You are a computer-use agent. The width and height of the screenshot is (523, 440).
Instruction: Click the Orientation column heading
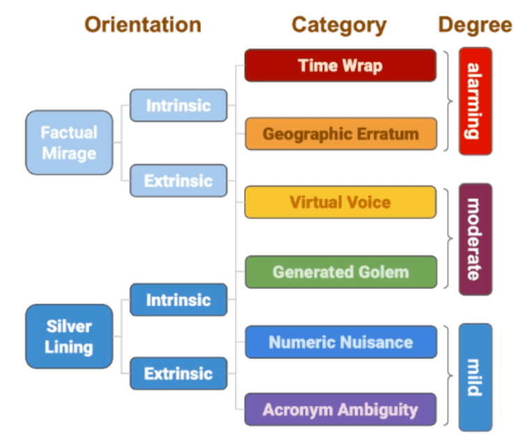143,25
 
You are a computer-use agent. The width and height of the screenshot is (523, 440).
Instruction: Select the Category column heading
339,25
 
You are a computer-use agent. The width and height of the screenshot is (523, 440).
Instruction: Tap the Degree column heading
475,25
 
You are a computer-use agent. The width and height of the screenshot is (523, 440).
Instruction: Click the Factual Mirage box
68,142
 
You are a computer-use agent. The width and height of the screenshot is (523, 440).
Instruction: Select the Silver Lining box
68,336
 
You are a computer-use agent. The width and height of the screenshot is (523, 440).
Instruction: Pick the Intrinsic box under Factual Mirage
178,106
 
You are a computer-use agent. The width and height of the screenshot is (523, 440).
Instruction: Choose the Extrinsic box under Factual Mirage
178,181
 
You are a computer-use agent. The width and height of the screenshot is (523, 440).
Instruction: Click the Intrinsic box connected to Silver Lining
178,300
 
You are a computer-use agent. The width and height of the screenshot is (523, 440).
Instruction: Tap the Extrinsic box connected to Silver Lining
178,374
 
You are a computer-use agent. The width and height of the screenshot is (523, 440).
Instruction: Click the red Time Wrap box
340,65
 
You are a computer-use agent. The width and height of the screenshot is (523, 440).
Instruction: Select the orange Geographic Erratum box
340,134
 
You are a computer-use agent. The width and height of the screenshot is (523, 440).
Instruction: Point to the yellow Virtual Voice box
340,203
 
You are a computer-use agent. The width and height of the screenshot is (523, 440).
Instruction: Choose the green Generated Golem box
340,272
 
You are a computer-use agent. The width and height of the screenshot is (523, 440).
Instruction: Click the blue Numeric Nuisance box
340,342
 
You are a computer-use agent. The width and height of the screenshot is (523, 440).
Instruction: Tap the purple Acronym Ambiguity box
340,409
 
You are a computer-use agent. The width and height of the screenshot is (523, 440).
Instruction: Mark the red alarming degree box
475,101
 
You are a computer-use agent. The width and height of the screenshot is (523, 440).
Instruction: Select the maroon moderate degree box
475,239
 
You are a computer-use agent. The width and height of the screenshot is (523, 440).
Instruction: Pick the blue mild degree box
475,377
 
